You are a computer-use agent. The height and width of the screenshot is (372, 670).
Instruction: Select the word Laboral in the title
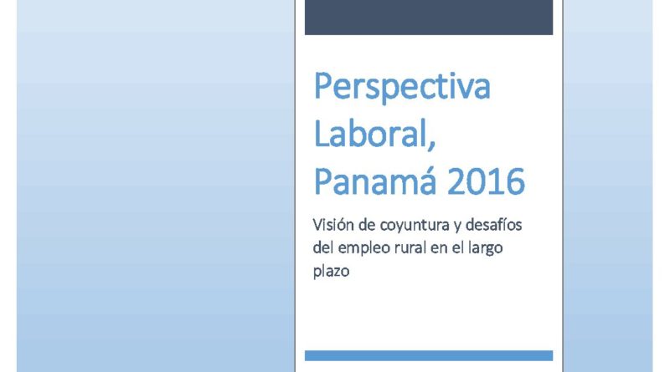370,133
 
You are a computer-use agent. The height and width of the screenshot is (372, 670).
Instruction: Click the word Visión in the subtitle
333,224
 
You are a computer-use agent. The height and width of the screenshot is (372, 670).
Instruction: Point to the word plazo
331,272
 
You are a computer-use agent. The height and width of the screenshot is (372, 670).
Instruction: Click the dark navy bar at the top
429,17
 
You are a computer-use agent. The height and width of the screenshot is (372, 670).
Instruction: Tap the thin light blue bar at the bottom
429,356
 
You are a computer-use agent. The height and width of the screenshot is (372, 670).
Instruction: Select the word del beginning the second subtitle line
322,247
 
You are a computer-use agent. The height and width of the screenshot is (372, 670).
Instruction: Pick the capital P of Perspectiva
323,86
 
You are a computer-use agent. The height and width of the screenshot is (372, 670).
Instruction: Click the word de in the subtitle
367,224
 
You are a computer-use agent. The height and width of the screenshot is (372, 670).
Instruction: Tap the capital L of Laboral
322,133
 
